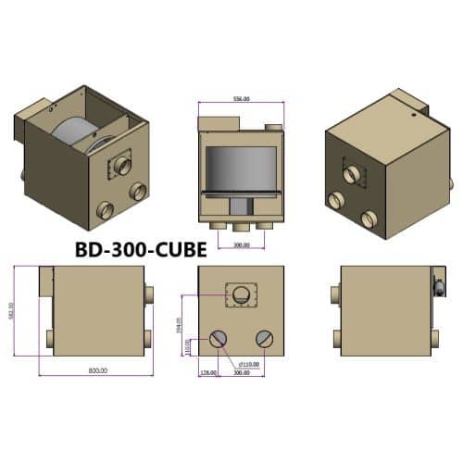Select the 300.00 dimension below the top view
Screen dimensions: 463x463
pos(240,246)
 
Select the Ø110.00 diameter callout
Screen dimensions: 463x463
pos(248,364)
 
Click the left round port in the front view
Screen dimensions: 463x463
pos(219,339)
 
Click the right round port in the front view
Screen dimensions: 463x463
pos(265,338)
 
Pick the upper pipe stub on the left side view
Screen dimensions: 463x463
pos(150,294)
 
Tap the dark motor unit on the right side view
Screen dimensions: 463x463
pos(438,282)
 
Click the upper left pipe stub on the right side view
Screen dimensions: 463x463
pos(335,294)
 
